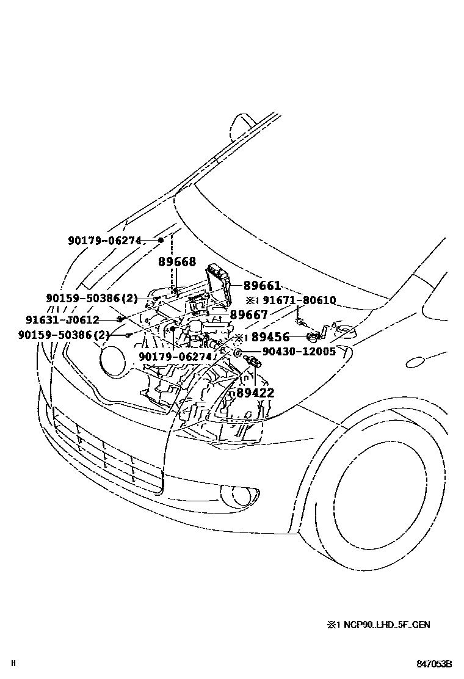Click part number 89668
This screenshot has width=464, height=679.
(177, 262)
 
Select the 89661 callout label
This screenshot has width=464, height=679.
(262, 286)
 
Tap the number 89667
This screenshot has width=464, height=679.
(248, 314)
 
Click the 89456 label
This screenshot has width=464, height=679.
(270, 337)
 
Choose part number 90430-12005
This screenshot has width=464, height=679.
(299, 352)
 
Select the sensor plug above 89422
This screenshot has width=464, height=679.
(252, 363)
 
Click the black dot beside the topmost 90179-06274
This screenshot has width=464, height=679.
(161, 240)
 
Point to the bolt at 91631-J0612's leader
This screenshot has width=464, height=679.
(121, 319)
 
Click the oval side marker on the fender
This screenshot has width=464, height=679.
(419, 363)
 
